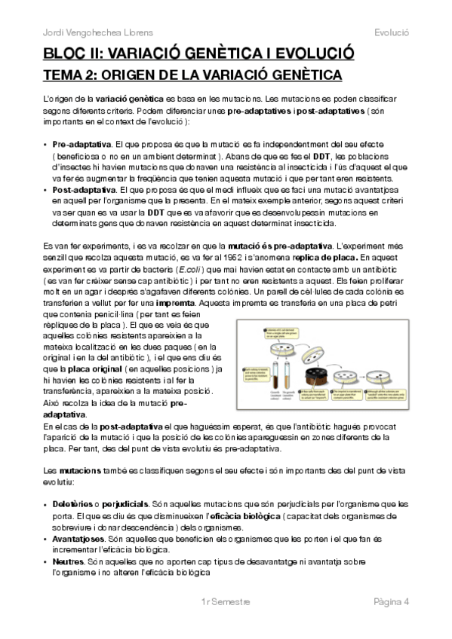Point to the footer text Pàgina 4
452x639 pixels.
tap(391, 601)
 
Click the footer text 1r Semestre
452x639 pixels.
tap(226, 601)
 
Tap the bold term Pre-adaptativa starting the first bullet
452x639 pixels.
tap(82, 143)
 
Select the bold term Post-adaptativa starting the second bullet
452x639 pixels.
tap(85, 191)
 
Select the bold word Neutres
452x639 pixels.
tap(69, 561)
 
